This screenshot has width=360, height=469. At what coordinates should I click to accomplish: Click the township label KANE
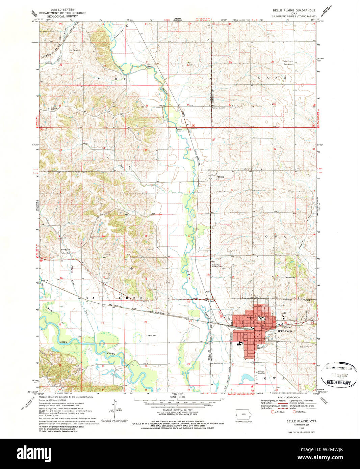pyautogui.click(x=272, y=78)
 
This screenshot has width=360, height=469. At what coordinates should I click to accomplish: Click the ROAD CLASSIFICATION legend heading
pyautogui.click(x=287, y=398)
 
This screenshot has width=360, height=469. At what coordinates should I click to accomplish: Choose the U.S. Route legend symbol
pyautogui.click(x=273, y=412)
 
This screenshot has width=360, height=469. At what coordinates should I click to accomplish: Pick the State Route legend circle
pyautogui.click(x=294, y=412)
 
